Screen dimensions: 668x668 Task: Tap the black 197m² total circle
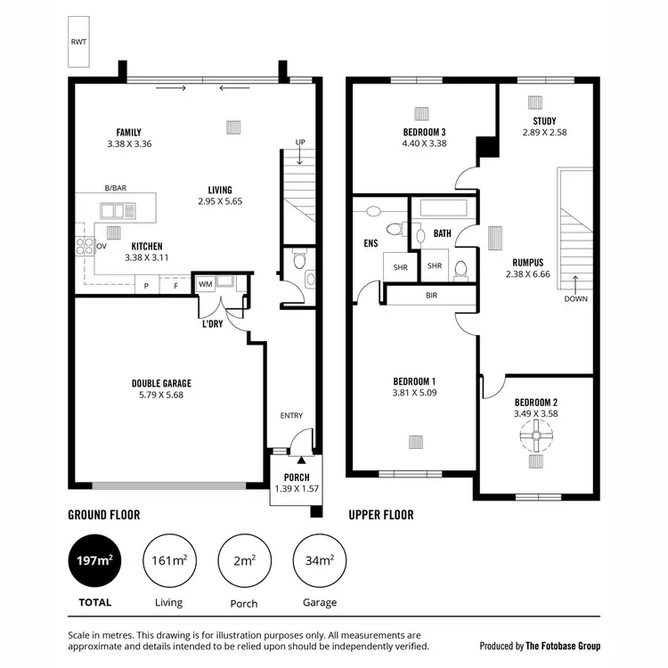[x=94, y=560]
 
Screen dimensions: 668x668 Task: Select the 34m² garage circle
[x=319, y=560]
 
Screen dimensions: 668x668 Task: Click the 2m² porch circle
[x=244, y=560]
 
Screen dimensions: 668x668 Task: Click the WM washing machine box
[x=206, y=284]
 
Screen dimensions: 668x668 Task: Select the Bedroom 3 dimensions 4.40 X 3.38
[x=424, y=143]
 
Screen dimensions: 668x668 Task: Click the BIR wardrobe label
[x=432, y=295]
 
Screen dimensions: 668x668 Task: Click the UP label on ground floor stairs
[x=300, y=143]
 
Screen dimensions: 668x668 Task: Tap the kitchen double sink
[x=113, y=211]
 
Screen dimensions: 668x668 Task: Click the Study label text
[x=544, y=121]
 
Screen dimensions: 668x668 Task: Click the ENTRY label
[x=291, y=416]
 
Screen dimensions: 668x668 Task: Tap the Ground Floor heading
[x=104, y=515]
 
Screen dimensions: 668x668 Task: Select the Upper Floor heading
[x=380, y=515]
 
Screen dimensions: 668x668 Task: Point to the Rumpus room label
[x=528, y=263]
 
